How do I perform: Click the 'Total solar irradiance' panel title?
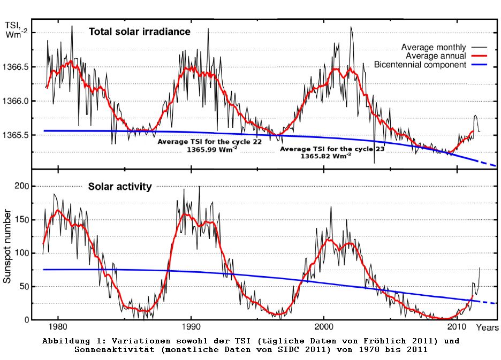[x=139, y=32]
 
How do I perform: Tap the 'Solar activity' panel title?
[x=120, y=187]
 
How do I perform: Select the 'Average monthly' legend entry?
[x=434, y=47]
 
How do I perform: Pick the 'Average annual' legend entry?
[x=436, y=56]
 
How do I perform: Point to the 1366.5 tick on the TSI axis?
[x=21, y=67]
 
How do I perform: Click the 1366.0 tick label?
[x=21, y=101]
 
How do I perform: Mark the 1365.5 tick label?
[x=21, y=135]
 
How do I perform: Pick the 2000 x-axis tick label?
[x=324, y=327]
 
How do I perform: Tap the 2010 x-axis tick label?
[x=457, y=327]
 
